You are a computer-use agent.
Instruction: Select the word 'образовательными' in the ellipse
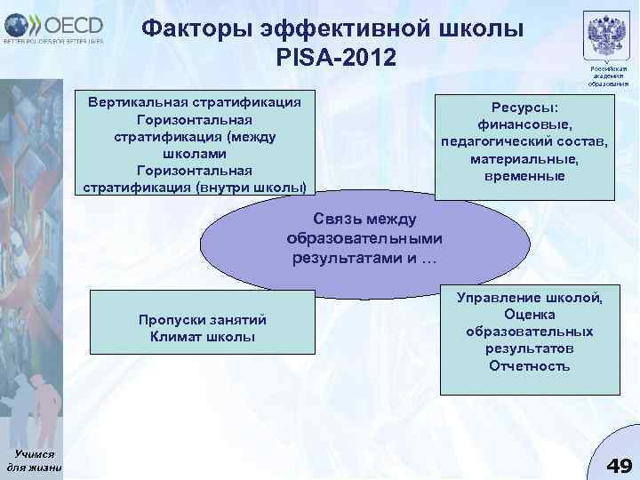click(364, 239)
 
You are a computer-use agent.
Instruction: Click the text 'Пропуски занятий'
click(203, 320)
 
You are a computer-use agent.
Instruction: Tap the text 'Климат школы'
click(203, 337)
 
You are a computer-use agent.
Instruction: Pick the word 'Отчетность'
click(530, 365)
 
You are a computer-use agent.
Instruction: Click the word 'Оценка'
click(530, 315)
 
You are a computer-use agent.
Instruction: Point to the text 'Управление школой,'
click(530, 298)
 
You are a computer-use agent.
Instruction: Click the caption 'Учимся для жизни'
click(34, 460)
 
